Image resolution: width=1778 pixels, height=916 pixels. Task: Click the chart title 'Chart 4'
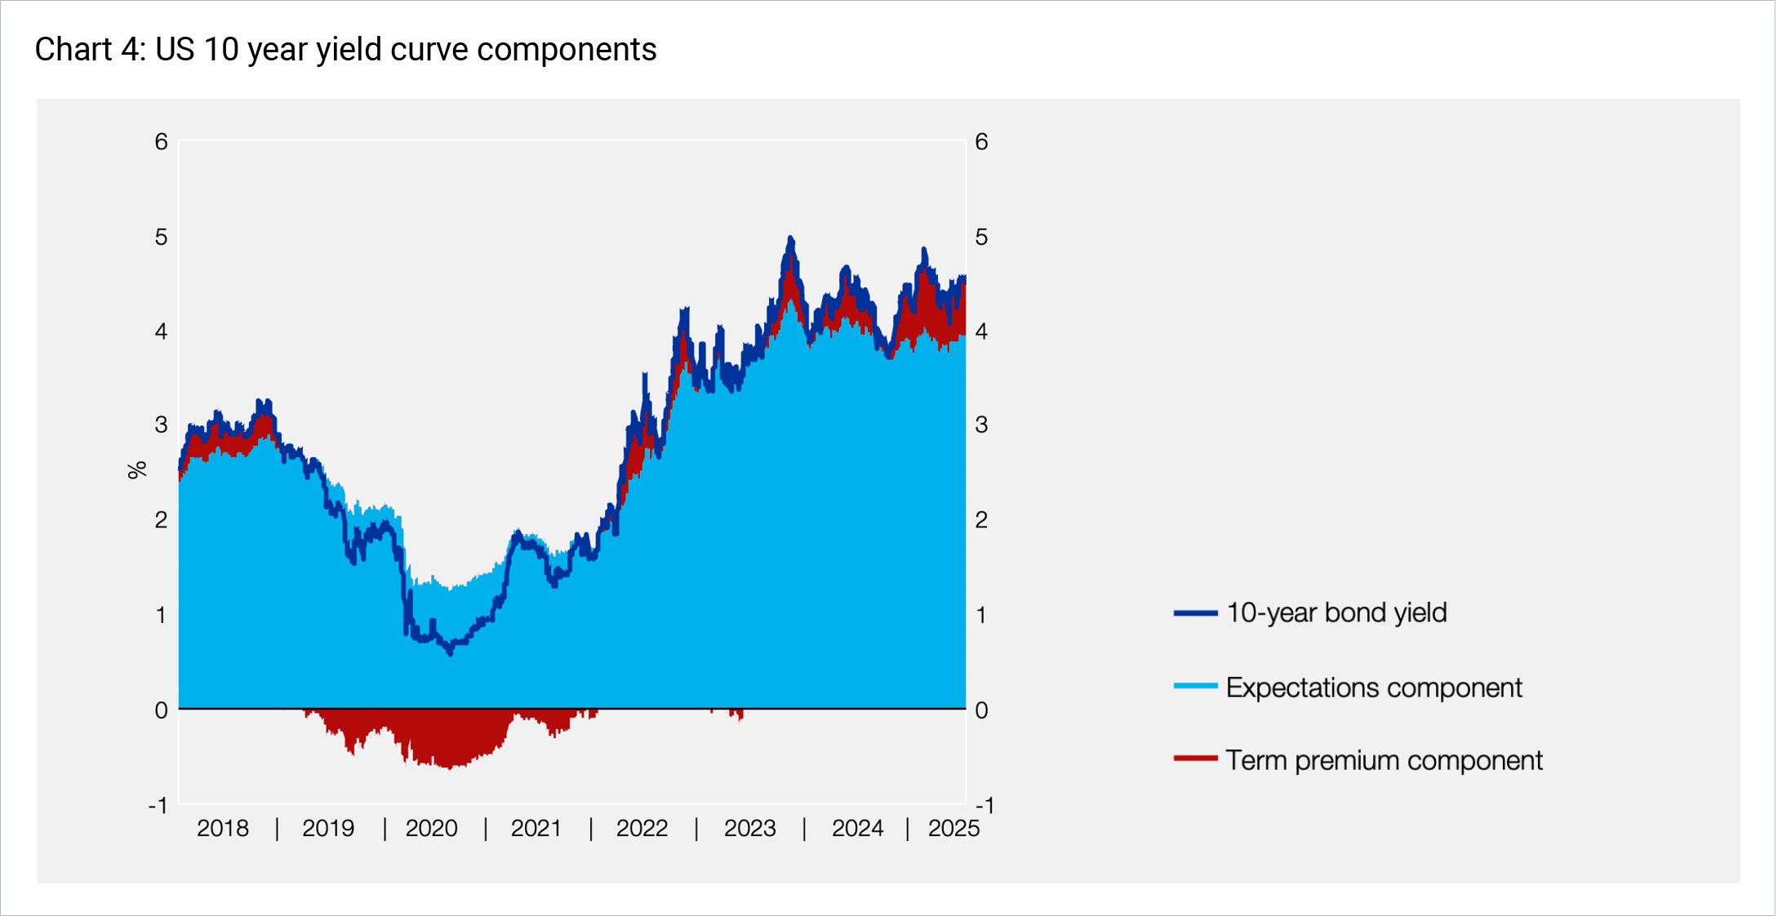344,50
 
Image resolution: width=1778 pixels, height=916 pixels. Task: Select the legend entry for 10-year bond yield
1336,612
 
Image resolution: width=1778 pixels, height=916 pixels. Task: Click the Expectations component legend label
1373,687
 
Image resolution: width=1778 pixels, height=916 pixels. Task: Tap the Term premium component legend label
1383,760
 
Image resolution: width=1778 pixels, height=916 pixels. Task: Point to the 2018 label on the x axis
222,828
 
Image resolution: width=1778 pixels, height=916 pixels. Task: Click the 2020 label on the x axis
431,828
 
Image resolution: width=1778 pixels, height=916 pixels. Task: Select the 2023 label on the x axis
749,828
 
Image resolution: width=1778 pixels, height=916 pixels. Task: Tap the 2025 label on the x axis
953,828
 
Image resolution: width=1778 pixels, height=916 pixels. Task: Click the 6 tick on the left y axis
161,142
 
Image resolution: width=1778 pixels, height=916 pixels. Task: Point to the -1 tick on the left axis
158,806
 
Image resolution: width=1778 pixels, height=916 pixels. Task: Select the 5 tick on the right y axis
981,237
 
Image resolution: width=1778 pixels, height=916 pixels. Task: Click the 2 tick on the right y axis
981,519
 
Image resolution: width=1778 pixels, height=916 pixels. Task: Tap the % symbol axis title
136,469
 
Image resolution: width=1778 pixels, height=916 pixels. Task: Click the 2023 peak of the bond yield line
790,238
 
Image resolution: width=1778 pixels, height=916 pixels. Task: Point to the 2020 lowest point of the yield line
450,653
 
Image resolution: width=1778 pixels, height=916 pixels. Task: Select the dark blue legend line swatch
1195,613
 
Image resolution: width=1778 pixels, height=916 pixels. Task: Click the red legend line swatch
1195,758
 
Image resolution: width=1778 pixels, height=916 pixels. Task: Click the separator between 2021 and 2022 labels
590,828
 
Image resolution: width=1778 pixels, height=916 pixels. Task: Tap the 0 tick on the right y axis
981,710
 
